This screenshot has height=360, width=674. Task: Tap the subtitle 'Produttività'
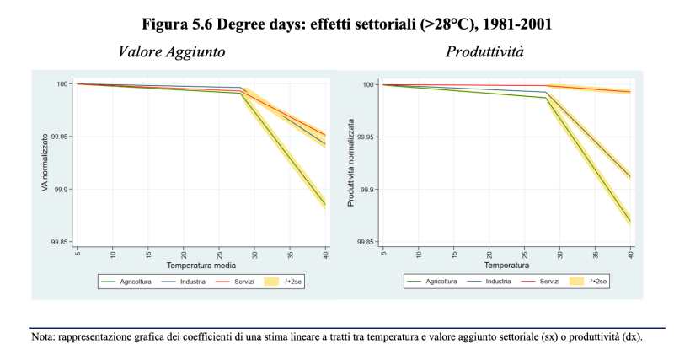click(484, 52)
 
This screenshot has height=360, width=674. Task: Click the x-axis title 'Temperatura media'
click(201, 265)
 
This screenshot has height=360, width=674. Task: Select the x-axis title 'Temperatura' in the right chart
click(506, 265)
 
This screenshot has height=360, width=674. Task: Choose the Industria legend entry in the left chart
click(195, 281)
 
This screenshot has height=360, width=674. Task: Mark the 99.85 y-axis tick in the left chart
click(62, 242)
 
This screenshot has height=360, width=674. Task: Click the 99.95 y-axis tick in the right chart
click(368, 137)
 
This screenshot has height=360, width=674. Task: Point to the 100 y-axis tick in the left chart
click(66, 83)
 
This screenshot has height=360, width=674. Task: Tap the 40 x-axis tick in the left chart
click(324, 252)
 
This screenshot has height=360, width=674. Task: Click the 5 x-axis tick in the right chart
click(383, 252)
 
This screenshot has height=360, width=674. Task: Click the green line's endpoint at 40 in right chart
click(630, 221)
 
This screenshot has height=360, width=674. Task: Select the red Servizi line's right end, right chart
click(630, 91)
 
